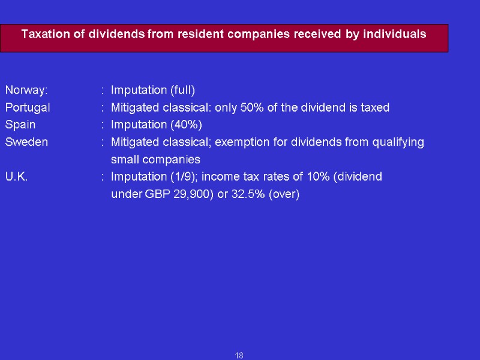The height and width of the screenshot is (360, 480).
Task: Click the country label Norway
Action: coord(26,91)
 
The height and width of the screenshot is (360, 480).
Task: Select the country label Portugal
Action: coord(28,108)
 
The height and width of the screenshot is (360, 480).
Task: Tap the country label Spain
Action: coord(20,125)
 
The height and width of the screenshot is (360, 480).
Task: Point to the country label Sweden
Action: coord(26,142)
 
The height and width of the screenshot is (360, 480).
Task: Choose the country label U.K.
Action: coord(16,177)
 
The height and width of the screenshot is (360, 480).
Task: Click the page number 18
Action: coord(239,356)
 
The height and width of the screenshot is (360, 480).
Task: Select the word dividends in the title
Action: coord(116,34)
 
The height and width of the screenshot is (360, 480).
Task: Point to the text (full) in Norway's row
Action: coord(182,91)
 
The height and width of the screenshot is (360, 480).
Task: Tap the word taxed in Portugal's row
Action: coord(375,108)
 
